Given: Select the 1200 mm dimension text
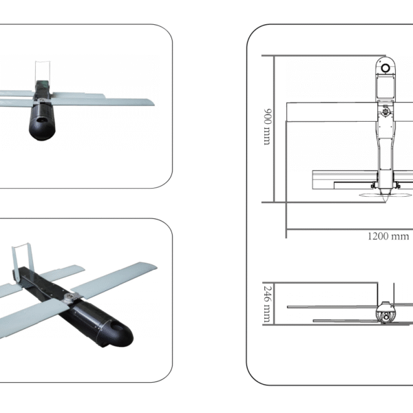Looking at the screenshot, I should pos(388,236).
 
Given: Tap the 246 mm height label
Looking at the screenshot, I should pos(266,304).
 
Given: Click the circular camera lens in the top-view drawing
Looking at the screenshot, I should pos(386,67).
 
